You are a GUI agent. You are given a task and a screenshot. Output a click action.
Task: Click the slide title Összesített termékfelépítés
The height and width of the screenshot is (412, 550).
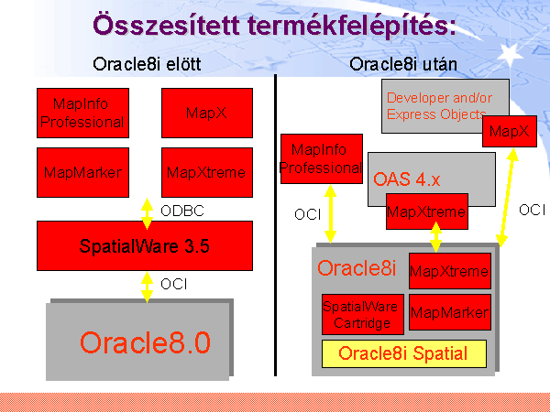[275, 26]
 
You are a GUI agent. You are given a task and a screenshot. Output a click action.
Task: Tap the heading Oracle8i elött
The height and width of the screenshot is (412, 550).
[147, 64]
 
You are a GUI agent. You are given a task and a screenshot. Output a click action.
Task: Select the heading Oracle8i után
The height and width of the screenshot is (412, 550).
[403, 64]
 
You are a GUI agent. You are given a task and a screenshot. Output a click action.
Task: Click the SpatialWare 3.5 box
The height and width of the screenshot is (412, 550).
[145, 245]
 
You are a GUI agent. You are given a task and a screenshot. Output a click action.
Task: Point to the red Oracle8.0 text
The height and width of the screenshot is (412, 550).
[145, 342]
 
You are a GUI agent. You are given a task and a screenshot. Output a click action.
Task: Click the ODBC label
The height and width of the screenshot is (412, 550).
[182, 211]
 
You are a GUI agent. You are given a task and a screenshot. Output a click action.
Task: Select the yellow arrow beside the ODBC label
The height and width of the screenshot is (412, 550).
[147, 213]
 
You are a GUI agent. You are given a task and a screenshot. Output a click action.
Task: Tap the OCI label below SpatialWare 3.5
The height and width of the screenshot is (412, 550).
[173, 284]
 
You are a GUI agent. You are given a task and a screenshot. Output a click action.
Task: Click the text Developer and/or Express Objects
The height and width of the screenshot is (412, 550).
[439, 106]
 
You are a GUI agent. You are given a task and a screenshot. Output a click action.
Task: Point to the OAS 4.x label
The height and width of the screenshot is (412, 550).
[406, 179]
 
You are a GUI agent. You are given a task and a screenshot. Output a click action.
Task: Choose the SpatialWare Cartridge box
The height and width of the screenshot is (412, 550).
[363, 314]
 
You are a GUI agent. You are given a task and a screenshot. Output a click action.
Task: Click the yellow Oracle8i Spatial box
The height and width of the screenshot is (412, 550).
[404, 353]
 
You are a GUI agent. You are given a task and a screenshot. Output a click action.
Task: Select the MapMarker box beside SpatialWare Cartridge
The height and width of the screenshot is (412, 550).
[450, 312]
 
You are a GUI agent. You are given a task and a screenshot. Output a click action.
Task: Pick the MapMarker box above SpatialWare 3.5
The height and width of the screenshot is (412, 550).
[82, 172]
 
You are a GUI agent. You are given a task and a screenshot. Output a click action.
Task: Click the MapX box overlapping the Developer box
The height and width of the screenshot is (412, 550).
[510, 131]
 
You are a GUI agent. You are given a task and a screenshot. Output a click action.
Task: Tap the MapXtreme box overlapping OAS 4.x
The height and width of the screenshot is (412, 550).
[427, 211]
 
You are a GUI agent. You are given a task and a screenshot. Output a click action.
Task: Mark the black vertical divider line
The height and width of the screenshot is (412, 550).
[275, 225]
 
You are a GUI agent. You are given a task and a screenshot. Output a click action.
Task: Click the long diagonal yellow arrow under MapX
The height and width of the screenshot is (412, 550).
[507, 198]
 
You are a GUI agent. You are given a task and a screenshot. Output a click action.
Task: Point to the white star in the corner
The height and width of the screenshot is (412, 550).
[510, 55]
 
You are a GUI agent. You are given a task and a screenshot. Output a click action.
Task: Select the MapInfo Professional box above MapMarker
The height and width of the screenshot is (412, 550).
[82, 113]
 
